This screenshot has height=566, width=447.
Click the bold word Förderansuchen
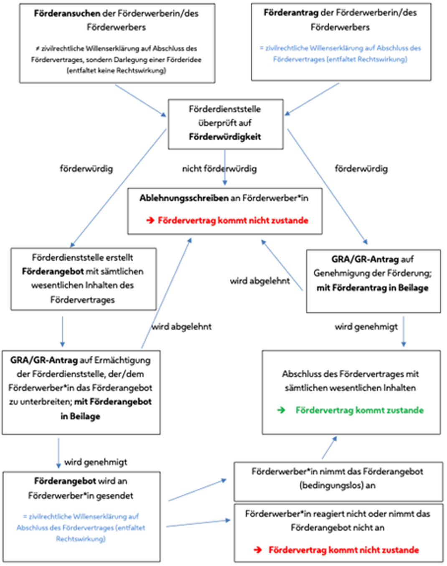[67, 13]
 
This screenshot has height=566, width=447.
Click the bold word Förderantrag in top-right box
[291, 13]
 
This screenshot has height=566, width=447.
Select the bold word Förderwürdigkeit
[225, 137]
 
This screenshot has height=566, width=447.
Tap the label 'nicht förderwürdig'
[219, 169]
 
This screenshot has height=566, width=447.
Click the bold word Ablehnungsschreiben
[184, 198]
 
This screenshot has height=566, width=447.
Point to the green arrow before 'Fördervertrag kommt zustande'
[281, 410]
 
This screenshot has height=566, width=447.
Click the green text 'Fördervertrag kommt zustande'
[359, 410]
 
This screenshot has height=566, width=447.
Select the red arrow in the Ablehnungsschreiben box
[150, 221]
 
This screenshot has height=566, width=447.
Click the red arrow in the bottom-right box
[258, 550]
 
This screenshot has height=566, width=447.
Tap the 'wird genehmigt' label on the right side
[366, 327]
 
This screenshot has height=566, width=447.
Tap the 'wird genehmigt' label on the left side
[96, 462]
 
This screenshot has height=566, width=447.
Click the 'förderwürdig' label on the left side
[86, 169]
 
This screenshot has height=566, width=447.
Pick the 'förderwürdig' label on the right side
[361, 169]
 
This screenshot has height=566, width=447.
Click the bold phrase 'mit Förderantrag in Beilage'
[372, 288]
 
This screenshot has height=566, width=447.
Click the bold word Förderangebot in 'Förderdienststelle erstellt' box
[53, 272]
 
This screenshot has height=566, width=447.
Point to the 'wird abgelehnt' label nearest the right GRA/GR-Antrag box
[259, 281]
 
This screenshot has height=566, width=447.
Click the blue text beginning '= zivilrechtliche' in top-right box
[340, 53]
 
